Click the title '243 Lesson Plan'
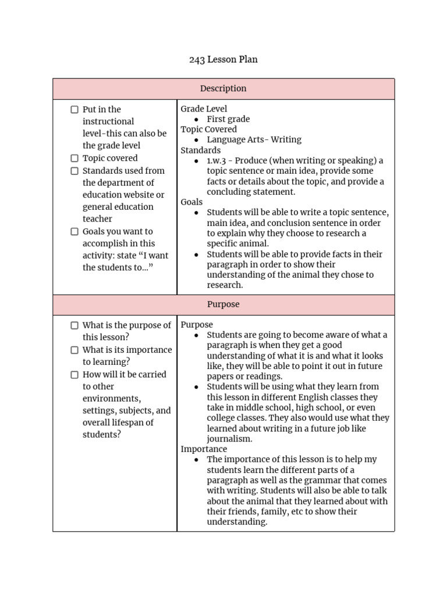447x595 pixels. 223,59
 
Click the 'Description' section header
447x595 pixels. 223,89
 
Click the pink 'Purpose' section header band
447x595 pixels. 223,304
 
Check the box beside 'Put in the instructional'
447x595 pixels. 74,109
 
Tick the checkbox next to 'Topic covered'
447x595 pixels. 74,158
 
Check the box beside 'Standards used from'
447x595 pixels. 74,171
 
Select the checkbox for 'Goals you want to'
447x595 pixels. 74,231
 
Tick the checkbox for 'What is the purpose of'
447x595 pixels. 74,325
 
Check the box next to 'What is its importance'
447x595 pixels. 74,350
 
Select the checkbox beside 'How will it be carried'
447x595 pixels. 74,375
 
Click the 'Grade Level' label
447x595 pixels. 204,109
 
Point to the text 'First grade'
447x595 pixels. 228,119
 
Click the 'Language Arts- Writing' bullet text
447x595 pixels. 254,139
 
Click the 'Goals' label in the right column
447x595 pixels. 191,202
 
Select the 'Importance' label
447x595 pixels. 204,449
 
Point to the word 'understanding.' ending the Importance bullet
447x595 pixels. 237,522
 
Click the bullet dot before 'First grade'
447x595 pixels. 197,119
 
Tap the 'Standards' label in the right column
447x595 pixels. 200,150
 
